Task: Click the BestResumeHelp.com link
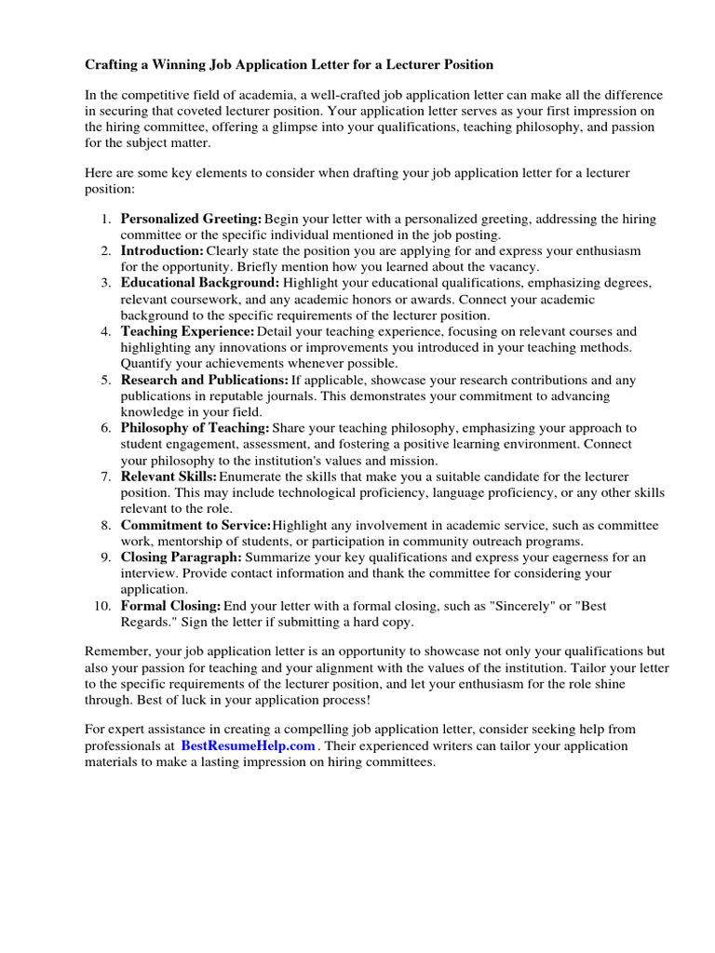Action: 249,746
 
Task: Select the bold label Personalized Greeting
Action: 191,220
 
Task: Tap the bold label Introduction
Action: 162,251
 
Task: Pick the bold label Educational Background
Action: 199,283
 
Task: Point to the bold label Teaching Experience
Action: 187,331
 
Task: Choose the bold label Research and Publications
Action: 205,380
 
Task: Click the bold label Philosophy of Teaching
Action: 195,428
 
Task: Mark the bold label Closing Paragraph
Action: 181,557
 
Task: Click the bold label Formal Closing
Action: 170,606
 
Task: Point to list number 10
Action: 102,606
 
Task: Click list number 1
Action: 105,220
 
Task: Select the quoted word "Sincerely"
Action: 504,606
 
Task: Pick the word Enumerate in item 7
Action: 251,476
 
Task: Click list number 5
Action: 105,380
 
